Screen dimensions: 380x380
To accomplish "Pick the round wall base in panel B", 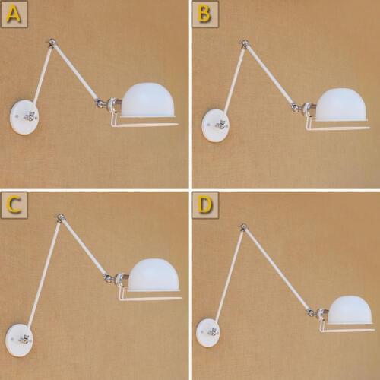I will coord(214,125).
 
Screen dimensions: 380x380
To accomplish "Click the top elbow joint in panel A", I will coord(51,43).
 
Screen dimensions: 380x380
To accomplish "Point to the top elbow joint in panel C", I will coord(59,220).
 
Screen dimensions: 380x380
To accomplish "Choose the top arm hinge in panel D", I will coord(242,228).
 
